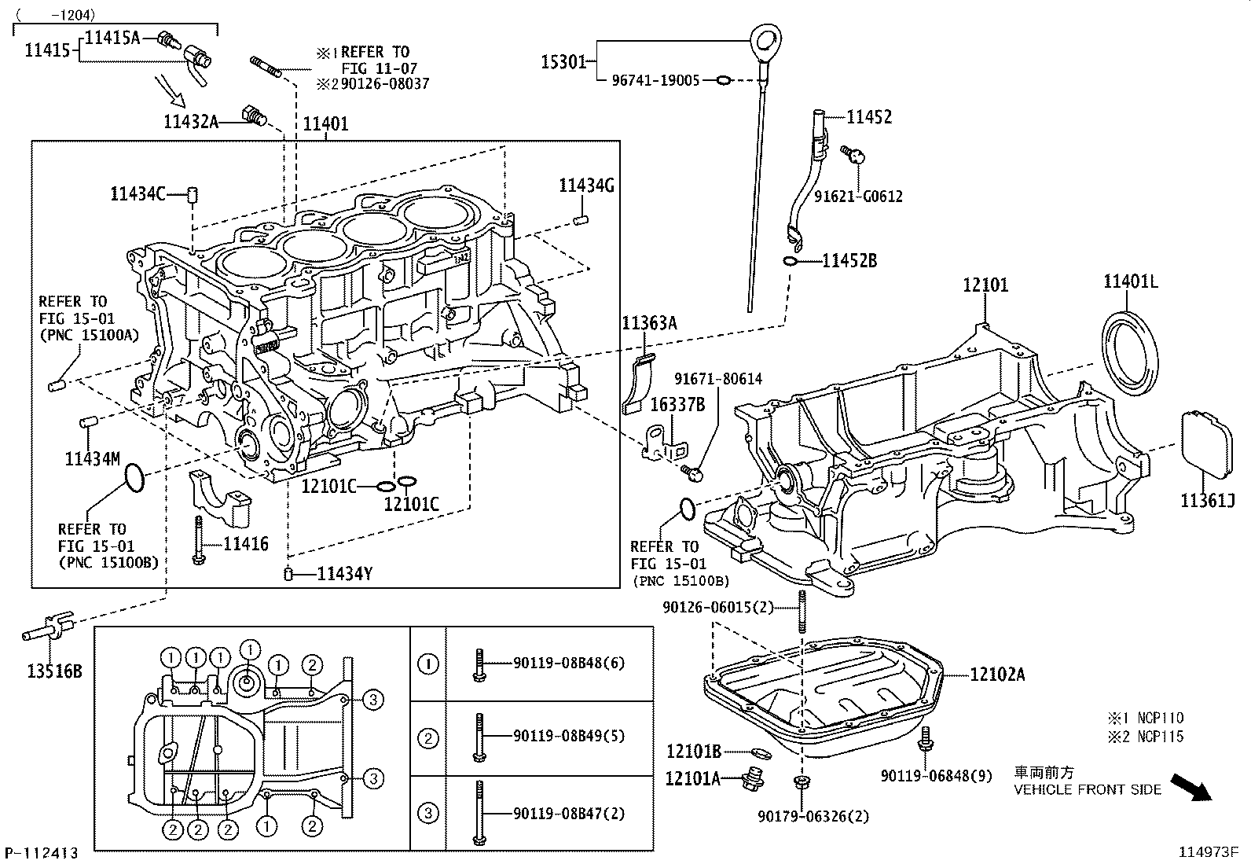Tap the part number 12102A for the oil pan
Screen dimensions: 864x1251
(997, 674)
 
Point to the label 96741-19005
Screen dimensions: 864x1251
(655, 80)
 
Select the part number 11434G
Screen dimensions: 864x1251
(586, 186)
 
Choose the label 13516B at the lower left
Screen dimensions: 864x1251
(53, 671)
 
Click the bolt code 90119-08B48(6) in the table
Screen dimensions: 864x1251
(569, 663)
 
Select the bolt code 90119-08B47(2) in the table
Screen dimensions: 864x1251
(569, 814)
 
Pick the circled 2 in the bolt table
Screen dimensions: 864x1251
(428, 738)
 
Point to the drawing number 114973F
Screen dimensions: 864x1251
(1208, 851)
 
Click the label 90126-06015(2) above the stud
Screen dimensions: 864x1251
(718, 607)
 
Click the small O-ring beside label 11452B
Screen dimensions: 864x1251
(791, 261)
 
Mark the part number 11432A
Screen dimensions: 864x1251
(190, 121)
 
